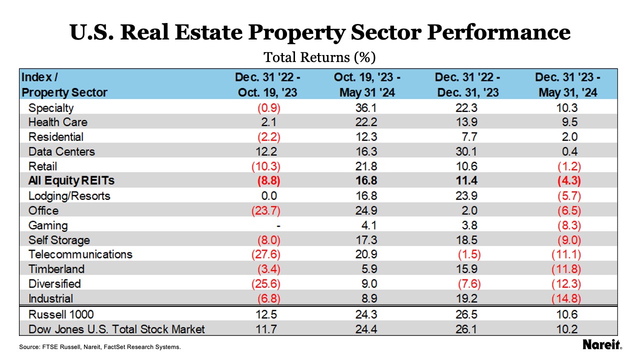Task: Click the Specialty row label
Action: (51, 107)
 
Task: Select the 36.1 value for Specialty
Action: (367, 107)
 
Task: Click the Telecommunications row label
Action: (80, 254)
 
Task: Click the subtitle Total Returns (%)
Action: (319, 57)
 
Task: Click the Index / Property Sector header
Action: (64, 85)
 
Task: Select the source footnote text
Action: (100, 346)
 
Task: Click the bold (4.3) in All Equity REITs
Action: (567, 181)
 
